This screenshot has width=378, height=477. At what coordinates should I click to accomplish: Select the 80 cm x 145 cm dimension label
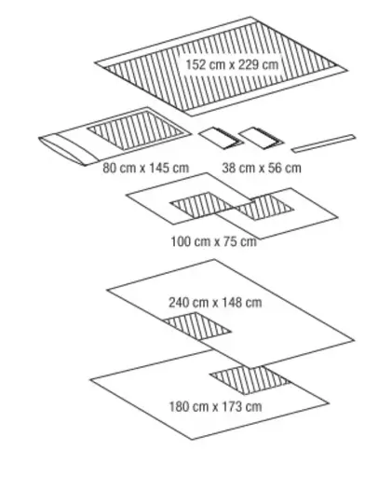146,168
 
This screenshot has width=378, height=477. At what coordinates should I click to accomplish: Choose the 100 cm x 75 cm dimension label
214,241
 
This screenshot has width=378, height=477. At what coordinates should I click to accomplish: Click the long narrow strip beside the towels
323,143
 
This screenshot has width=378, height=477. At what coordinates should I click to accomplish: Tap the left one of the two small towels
221,138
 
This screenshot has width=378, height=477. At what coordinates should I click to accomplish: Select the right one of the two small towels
261,138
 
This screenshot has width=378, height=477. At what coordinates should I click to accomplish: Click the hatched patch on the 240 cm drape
197,326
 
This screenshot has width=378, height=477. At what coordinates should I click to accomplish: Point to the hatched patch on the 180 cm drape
250,380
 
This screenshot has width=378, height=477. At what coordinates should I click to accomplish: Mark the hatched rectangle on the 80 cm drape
135,130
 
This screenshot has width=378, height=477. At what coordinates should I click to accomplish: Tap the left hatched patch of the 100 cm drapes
202,205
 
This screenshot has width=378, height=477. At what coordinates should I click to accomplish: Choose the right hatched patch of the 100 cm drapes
264,208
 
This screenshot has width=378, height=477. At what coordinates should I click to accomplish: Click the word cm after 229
270,65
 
